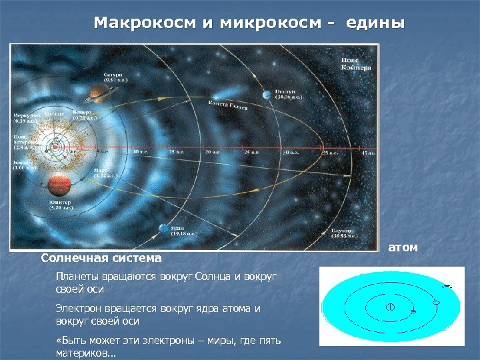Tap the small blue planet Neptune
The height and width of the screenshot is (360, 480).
point(266,94)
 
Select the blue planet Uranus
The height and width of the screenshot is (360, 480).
point(163,229)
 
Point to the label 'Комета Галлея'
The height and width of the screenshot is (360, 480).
point(227,107)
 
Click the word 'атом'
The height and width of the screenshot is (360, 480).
point(403,247)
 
